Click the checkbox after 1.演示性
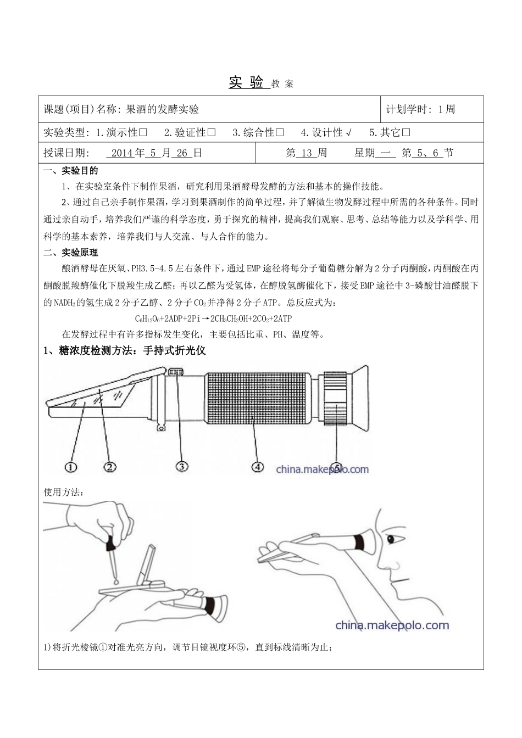(143, 132)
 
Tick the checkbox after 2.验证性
(212, 132)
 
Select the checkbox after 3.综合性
(280, 132)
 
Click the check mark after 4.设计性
(349, 132)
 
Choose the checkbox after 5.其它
(407, 132)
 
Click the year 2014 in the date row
(122, 153)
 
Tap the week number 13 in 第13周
(307, 153)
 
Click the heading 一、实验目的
(71, 171)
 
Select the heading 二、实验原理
(71, 253)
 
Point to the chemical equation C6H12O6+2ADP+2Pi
(213, 318)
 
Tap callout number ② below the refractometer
(110, 467)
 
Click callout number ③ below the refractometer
(182, 467)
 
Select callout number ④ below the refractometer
(257, 467)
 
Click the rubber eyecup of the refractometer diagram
(360, 395)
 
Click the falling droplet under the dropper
(116, 580)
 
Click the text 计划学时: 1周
(420, 109)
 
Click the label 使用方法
(63, 492)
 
